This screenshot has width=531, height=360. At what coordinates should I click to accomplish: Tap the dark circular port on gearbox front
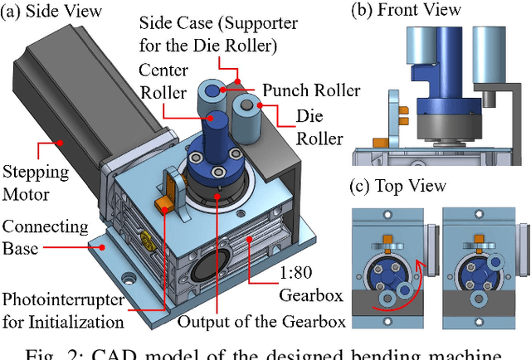pos(207,274)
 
